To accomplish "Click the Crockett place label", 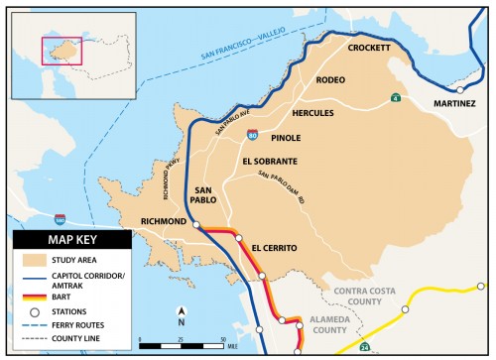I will click(369, 48).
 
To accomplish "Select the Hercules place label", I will click(312, 113).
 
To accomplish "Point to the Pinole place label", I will click(286, 138).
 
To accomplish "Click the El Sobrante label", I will click(269, 160).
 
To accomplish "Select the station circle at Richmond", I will click(196, 226).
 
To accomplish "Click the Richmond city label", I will click(163, 222).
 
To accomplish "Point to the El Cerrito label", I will click(274, 246).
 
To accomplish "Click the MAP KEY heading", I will click(70, 240).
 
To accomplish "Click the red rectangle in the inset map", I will click(62, 53).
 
